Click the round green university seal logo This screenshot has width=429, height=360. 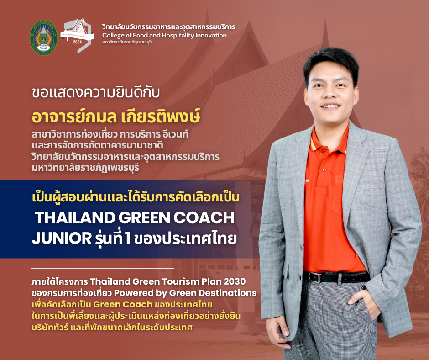43,37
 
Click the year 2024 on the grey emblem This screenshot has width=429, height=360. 78,42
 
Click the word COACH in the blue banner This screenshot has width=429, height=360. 204,217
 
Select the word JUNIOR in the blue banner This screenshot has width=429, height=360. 62,238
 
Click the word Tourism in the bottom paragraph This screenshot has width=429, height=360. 180,281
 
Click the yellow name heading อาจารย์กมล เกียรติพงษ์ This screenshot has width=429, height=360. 116,116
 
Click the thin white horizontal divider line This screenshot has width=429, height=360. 103,268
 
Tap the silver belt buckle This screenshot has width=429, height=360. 315,277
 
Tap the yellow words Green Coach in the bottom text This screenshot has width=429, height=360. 123,304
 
